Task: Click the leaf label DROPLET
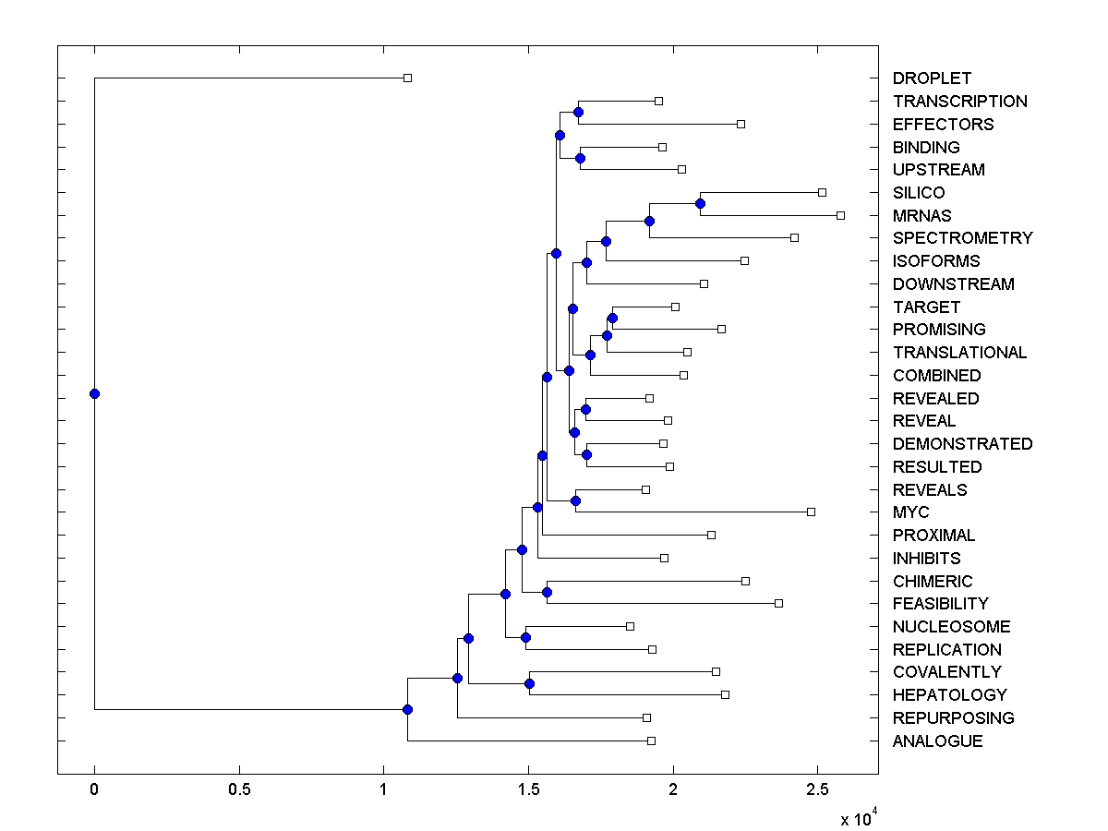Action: [x=932, y=78]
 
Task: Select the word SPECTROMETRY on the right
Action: [x=962, y=238]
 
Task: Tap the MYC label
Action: [x=910, y=512]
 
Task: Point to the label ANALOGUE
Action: [x=937, y=741]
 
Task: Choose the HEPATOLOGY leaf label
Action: [x=949, y=695]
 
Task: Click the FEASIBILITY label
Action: [x=940, y=604]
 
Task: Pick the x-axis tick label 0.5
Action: [x=239, y=790]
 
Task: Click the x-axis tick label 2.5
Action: [x=817, y=790]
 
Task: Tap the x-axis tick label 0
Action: [x=94, y=790]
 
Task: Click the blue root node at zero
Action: [x=94, y=393]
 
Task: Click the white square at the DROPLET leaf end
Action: [x=407, y=78]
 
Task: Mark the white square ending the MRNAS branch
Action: [x=840, y=215]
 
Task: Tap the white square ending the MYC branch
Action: [x=811, y=512]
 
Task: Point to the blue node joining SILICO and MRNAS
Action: [x=701, y=203]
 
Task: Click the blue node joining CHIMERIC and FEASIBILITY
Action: [x=547, y=592]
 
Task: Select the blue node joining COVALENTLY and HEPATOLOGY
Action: [x=529, y=683]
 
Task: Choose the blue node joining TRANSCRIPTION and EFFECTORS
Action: [x=578, y=112]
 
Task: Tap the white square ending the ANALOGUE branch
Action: [x=651, y=741]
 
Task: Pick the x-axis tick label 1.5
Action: [x=528, y=790]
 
